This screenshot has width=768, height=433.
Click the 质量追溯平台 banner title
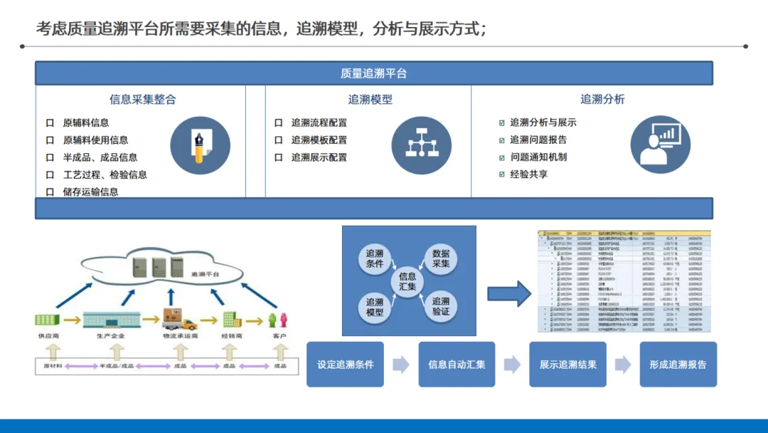(x=373, y=73)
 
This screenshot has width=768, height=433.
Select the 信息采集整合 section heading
(x=142, y=100)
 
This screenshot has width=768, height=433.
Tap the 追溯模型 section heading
(x=370, y=100)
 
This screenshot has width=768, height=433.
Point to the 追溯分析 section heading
(x=602, y=100)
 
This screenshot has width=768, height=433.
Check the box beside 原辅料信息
(x=50, y=123)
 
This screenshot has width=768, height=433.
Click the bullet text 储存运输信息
(x=90, y=192)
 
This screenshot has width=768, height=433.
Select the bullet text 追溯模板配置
(x=319, y=140)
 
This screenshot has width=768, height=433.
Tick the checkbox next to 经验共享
(x=503, y=174)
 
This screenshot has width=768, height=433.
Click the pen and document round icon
(x=201, y=145)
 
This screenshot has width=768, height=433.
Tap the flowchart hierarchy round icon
(x=422, y=145)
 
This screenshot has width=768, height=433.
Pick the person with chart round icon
(x=660, y=145)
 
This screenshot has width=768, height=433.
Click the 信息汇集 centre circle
(x=407, y=281)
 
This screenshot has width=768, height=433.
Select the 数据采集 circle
(x=441, y=259)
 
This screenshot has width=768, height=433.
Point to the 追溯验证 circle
(x=441, y=306)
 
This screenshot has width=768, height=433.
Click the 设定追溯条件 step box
(x=345, y=365)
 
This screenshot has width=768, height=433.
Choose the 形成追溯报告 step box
(x=678, y=365)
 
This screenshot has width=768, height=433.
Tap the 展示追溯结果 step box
(x=567, y=365)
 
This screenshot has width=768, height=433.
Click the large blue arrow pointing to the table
(x=509, y=293)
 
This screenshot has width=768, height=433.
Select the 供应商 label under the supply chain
(x=48, y=335)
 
